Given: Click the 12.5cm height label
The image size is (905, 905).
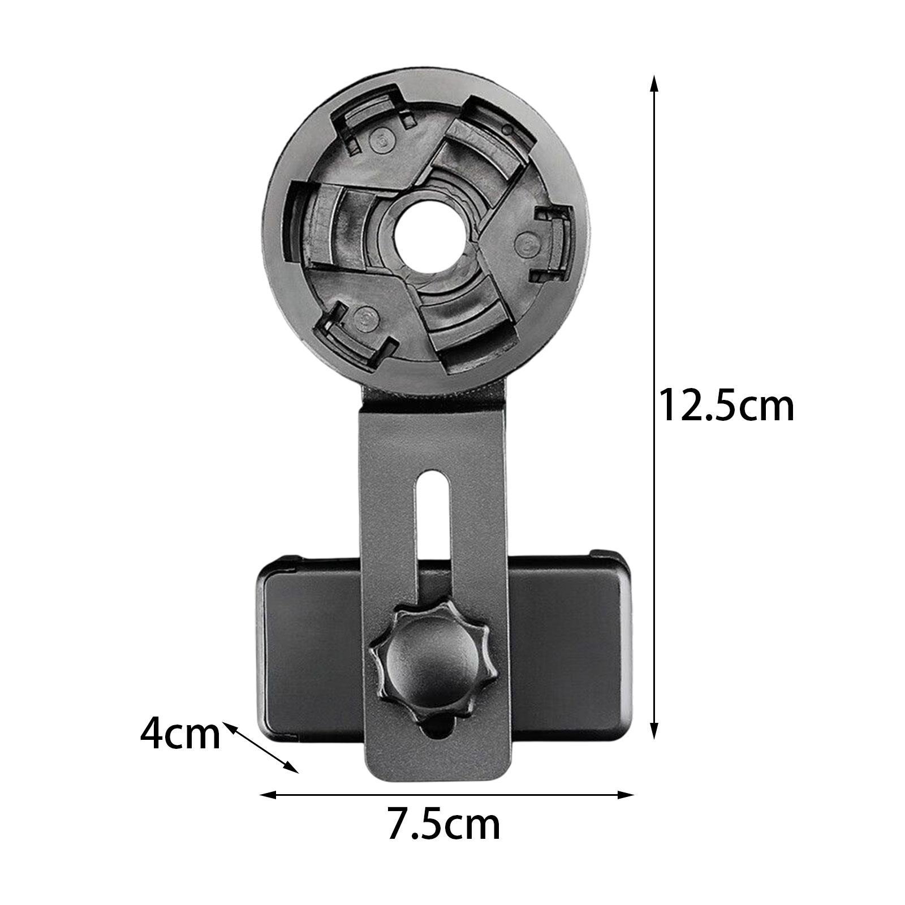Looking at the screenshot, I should point(727,405).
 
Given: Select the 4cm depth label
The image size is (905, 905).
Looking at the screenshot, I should point(180,734).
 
